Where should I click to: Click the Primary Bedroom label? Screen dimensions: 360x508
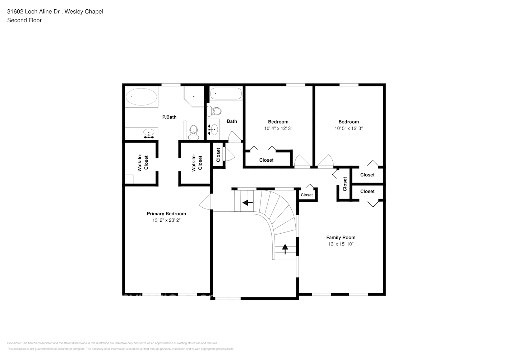coord(166,213)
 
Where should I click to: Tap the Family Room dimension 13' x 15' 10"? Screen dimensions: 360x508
coord(341,244)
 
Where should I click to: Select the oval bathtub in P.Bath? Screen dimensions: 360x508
coord(141,97)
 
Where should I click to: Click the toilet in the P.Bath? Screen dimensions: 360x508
coord(194,132)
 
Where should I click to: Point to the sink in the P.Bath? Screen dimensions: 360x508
coord(148,134)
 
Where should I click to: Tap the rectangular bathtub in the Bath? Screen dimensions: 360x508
coord(225,94)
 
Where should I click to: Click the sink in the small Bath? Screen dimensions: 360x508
coord(213,128)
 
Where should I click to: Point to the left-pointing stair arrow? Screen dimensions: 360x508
coord(247,203)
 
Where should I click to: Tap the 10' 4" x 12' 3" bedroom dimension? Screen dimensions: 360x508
coord(278,128)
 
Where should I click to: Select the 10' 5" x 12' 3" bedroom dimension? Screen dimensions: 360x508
coord(348,128)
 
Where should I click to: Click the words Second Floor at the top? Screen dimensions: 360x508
coord(24,20)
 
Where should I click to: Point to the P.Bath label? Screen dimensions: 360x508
coord(169,117)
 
